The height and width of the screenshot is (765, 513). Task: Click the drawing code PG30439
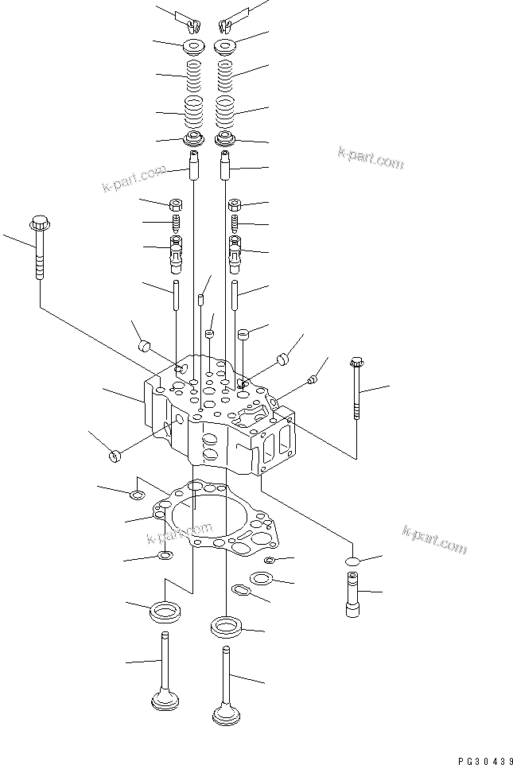(x=484, y=760)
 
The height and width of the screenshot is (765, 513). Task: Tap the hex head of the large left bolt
(x=40, y=223)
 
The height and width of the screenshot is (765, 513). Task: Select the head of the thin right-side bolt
(x=356, y=363)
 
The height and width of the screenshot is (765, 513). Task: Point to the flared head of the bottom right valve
(x=227, y=715)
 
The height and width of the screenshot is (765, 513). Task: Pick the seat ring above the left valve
(x=165, y=612)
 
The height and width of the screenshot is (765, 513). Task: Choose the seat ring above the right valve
(x=227, y=627)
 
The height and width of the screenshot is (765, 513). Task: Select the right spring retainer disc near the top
(x=226, y=46)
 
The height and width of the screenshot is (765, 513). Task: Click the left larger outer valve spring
(x=193, y=111)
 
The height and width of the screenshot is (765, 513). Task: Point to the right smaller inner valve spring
(x=225, y=76)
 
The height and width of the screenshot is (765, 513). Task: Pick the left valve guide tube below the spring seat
(x=195, y=166)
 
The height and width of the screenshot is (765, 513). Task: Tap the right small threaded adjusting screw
(x=235, y=223)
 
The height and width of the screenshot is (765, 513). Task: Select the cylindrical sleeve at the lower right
(x=352, y=594)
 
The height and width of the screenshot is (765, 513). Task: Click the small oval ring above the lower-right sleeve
(x=352, y=561)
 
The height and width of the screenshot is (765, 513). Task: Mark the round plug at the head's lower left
(x=115, y=456)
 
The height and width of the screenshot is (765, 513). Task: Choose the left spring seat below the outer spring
(x=193, y=139)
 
